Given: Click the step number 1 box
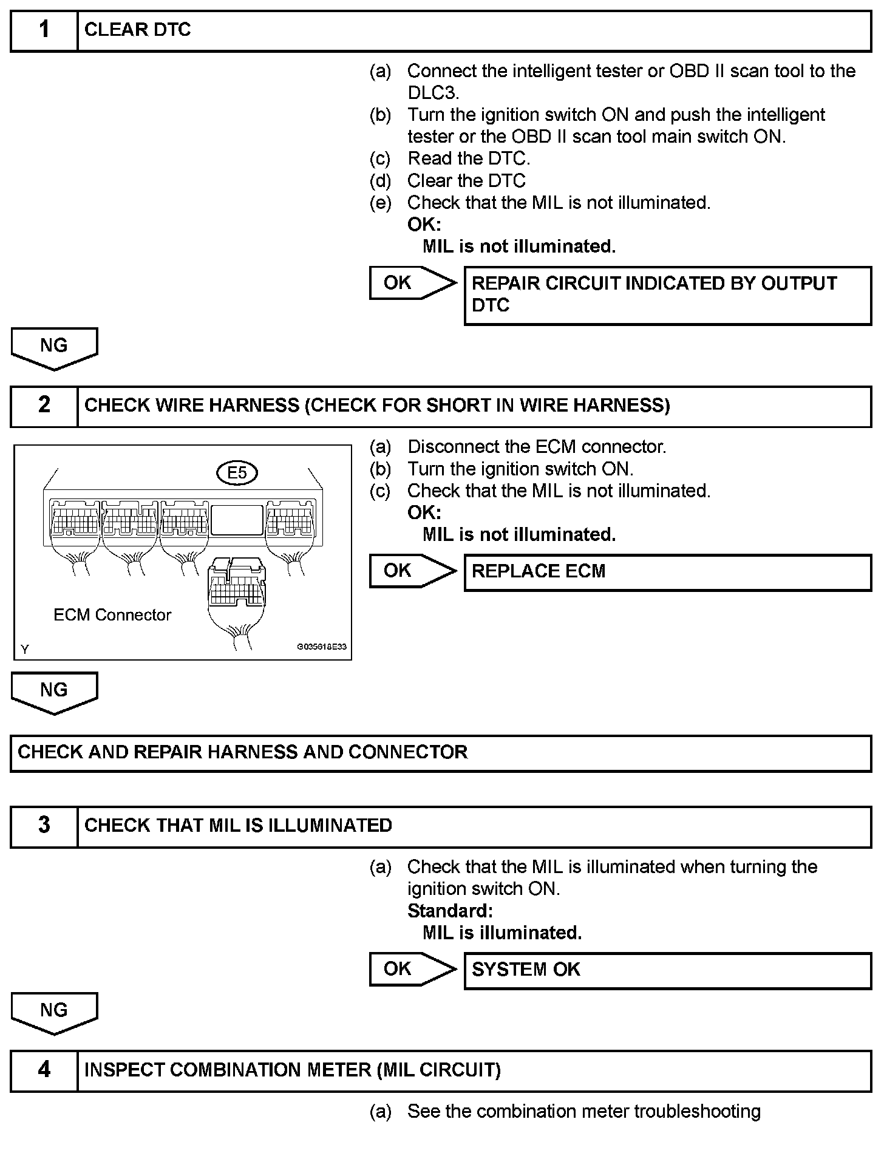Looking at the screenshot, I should (x=44, y=30).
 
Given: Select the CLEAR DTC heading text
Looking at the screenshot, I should (x=137, y=30).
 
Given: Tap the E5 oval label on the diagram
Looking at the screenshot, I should (x=237, y=472).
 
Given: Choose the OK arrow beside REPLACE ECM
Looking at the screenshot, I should (x=412, y=571).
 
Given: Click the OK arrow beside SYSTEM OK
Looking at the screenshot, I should (x=412, y=970).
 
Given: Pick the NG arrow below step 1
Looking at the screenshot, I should (x=54, y=347).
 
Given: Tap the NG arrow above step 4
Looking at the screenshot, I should (x=54, y=1012).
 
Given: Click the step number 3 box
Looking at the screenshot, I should (x=44, y=826).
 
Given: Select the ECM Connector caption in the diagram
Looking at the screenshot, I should (x=112, y=615).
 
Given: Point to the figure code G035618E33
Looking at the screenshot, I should (x=321, y=647).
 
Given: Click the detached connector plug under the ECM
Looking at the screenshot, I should (x=237, y=586).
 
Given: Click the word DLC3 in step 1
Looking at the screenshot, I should (x=432, y=93).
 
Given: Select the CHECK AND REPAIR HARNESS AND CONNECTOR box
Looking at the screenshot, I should (x=441, y=753).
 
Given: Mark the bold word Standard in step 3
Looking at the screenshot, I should (x=449, y=911).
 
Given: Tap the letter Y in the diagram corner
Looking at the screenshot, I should (x=25, y=650).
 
